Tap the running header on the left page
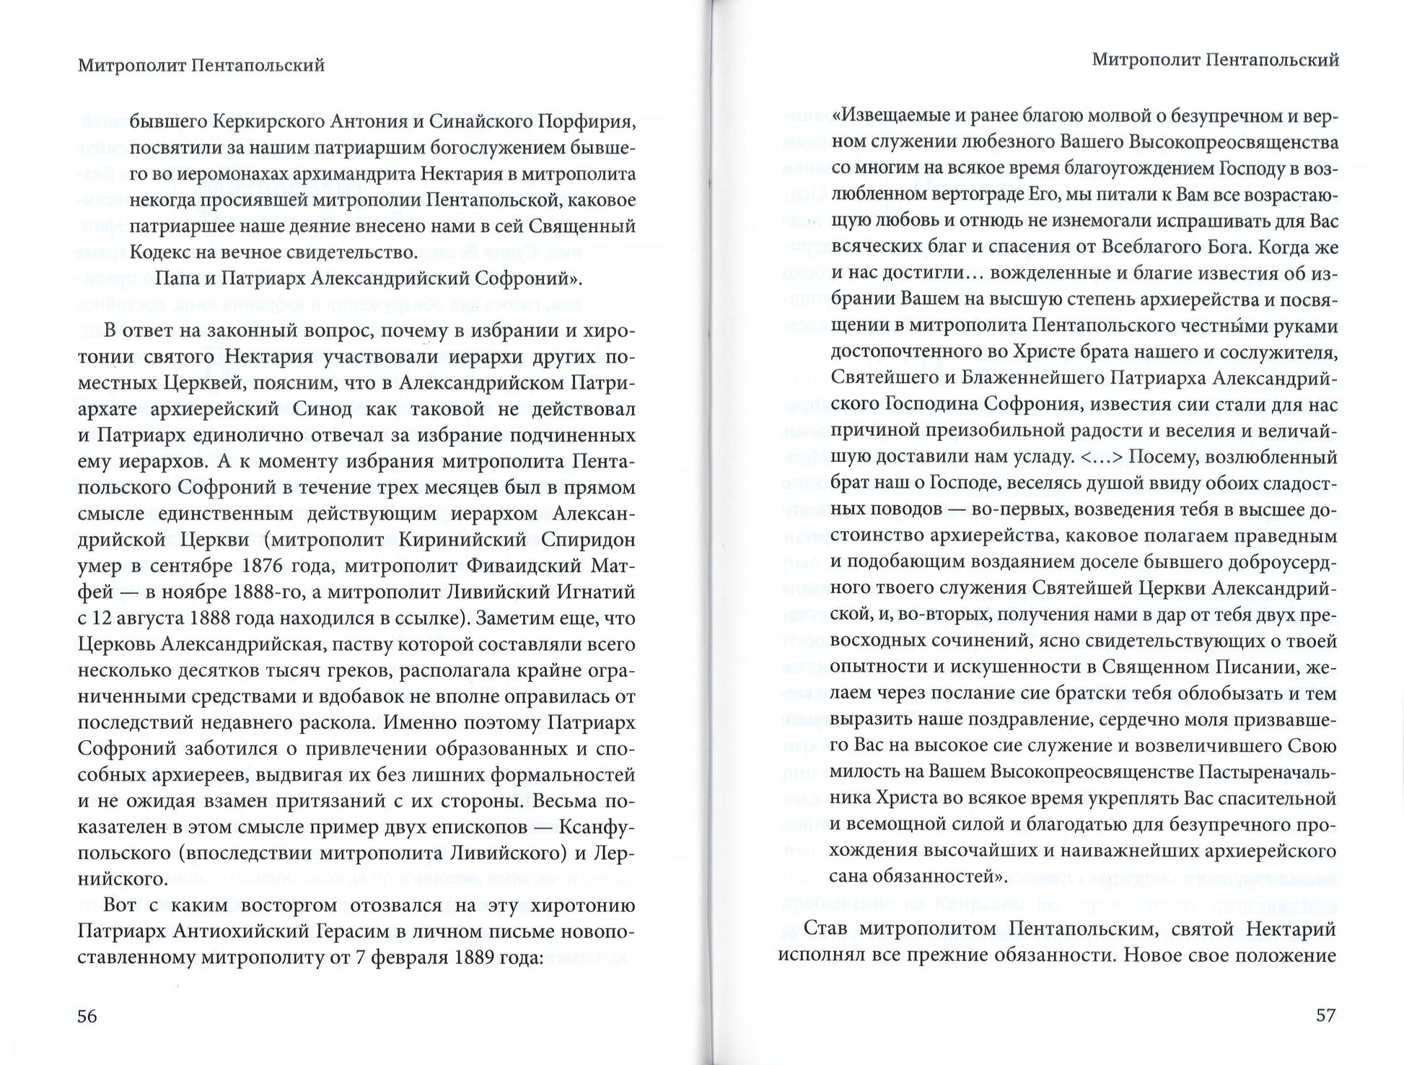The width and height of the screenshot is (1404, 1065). tap(201, 66)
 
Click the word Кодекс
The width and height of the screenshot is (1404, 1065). tap(161, 252)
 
